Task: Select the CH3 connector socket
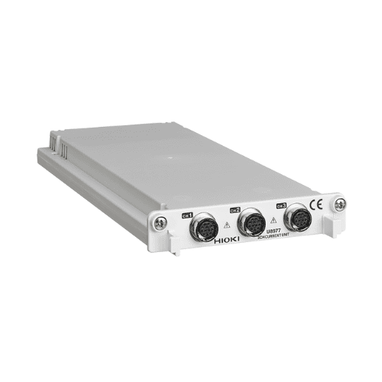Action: [295, 217]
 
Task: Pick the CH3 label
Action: [281, 204]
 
